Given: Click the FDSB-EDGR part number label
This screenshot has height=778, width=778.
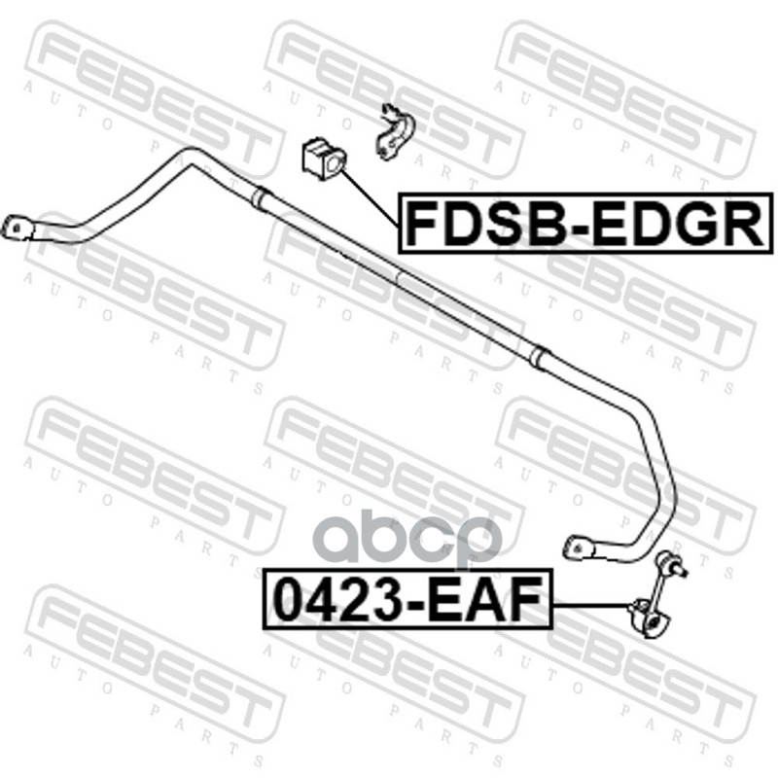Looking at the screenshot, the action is click(x=583, y=222).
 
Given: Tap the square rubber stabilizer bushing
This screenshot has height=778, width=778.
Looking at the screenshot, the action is click(x=319, y=161).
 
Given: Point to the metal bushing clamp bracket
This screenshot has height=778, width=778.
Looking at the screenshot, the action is click(x=393, y=132).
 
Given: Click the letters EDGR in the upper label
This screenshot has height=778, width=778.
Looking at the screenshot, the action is click(x=681, y=222).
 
